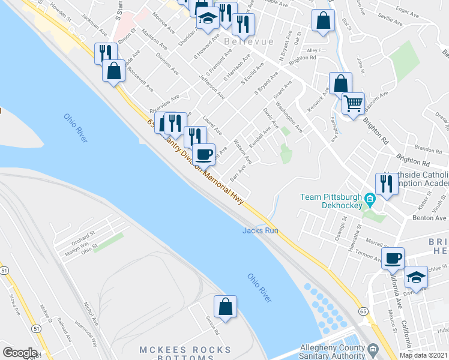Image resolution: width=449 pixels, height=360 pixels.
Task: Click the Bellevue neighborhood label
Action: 249,41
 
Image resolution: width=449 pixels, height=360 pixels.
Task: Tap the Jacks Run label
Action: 260,230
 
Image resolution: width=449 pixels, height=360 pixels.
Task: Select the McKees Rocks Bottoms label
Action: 185,354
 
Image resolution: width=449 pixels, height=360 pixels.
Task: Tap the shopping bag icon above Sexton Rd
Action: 224,306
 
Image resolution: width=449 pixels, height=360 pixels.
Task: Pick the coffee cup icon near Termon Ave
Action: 393,258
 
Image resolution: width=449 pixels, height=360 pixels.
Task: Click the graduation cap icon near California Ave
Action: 415,277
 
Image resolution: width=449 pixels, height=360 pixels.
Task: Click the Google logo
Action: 20,353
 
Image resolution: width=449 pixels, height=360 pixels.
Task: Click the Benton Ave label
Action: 429,218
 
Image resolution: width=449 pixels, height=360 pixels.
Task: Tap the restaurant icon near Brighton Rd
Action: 385,184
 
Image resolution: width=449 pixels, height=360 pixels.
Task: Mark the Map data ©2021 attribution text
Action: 424,355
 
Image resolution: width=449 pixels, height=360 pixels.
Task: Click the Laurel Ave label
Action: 213,125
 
